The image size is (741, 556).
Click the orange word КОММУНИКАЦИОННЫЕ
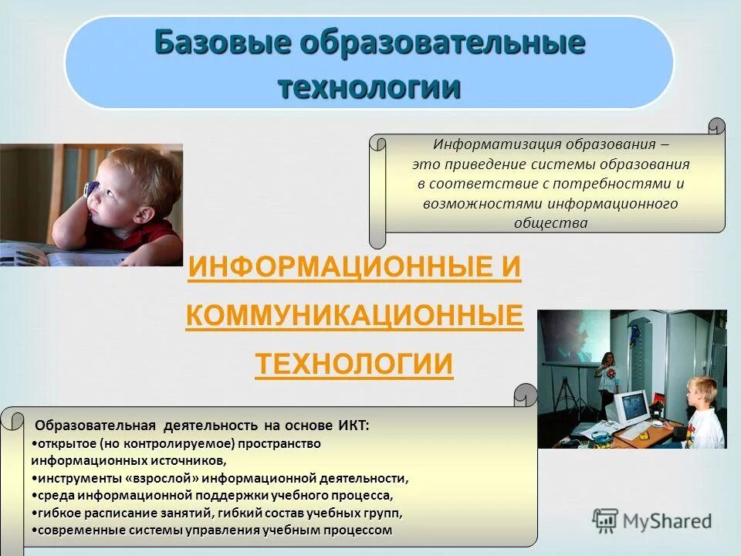coord(354,317)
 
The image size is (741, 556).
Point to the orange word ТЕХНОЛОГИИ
coord(354,364)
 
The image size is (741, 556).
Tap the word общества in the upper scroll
coord(550,224)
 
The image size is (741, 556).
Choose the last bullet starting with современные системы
coord(213,531)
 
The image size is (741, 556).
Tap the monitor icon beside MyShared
coord(606,520)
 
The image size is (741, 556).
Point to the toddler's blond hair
coord(139,170)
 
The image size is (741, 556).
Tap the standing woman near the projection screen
coord(605,378)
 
